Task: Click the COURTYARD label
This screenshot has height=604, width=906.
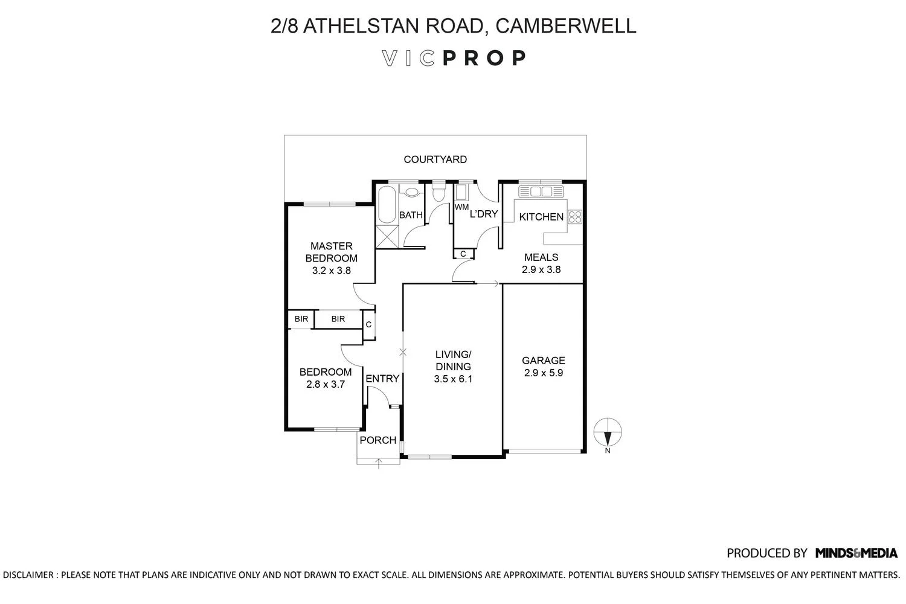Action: (x=435, y=159)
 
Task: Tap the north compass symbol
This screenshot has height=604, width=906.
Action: (x=608, y=432)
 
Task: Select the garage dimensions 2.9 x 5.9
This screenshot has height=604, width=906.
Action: (x=544, y=373)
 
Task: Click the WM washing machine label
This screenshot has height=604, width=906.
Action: (x=461, y=207)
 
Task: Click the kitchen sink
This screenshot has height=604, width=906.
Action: (x=541, y=191)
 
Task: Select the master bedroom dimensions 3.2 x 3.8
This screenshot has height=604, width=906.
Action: (x=331, y=271)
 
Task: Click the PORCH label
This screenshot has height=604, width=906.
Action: (x=378, y=440)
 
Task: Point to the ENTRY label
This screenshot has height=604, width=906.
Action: (x=382, y=379)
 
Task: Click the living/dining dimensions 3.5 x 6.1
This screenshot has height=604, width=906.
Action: (x=452, y=379)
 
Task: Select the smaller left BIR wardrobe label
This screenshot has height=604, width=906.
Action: (x=301, y=318)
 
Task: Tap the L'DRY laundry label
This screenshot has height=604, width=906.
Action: (x=483, y=214)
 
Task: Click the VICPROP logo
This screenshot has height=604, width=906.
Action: (x=454, y=58)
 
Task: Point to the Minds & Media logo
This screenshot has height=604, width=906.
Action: (x=856, y=553)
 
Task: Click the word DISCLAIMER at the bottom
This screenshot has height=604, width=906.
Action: (x=28, y=574)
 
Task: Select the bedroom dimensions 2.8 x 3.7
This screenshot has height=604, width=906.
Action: (x=325, y=384)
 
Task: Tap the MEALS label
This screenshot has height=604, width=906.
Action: (x=541, y=257)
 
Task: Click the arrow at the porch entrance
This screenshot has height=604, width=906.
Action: (x=379, y=463)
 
